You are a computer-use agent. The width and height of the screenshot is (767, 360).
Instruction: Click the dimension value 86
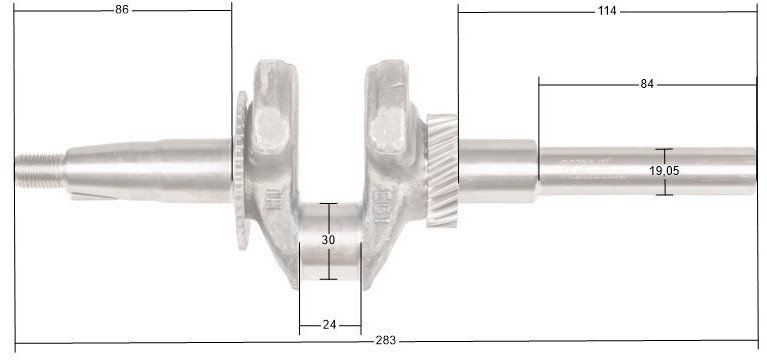(122, 10)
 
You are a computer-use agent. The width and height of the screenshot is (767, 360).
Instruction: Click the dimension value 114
(607, 10)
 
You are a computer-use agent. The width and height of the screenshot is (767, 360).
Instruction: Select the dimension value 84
(647, 84)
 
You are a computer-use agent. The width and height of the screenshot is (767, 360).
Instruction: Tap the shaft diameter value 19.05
(664, 171)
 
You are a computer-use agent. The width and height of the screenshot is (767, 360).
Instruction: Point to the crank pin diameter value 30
(329, 240)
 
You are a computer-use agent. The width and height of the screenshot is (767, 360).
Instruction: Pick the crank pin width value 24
(329, 324)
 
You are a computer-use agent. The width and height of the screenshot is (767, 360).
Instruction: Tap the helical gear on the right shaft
(441, 170)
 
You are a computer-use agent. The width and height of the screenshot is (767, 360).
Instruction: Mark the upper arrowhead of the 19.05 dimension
(664, 151)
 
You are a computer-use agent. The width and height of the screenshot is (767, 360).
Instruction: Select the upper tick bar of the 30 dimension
(329, 203)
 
